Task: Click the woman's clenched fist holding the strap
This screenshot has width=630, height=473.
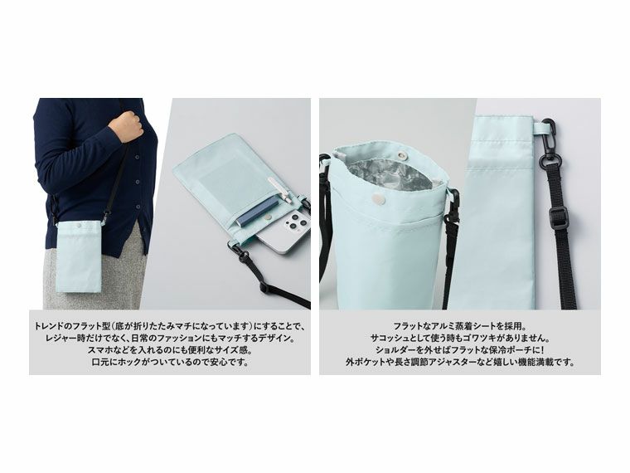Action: (x=126, y=125)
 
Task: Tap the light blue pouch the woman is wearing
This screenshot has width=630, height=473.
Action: (x=78, y=256)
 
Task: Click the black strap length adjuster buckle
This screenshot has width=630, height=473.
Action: (x=558, y=219)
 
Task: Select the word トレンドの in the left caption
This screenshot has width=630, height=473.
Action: (x=52, y=326)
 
